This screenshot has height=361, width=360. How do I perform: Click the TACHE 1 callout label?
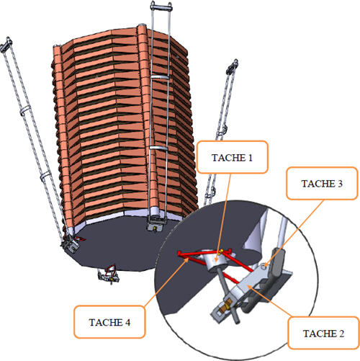coord(232,157)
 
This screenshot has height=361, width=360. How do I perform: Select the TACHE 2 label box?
coord(323,333)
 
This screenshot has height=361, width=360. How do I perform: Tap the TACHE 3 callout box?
coord(322,183)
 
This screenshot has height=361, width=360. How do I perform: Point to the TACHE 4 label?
coord(109,322)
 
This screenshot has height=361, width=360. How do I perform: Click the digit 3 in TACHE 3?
coord(340,184)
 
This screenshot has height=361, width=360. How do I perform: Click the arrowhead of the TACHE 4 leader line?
coord(186,262)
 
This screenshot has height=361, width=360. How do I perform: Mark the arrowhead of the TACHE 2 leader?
coord(250,287)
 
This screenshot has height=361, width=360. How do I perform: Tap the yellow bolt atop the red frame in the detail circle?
coord(221,251)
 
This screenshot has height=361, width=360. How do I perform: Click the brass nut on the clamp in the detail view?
coord(228,303)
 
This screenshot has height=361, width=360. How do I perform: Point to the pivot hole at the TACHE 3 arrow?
coord(264,266)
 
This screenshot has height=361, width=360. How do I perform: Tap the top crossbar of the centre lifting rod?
coord(161,7)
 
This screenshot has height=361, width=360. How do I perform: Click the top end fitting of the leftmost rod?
coord(6,45)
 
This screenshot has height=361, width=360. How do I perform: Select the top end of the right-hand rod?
coord(232,66)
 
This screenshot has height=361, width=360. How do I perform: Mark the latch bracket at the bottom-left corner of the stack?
coord(71,244)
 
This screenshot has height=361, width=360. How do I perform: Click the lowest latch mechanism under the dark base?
coord(109,275)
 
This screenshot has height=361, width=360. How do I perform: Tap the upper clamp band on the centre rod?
coord(160,76)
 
